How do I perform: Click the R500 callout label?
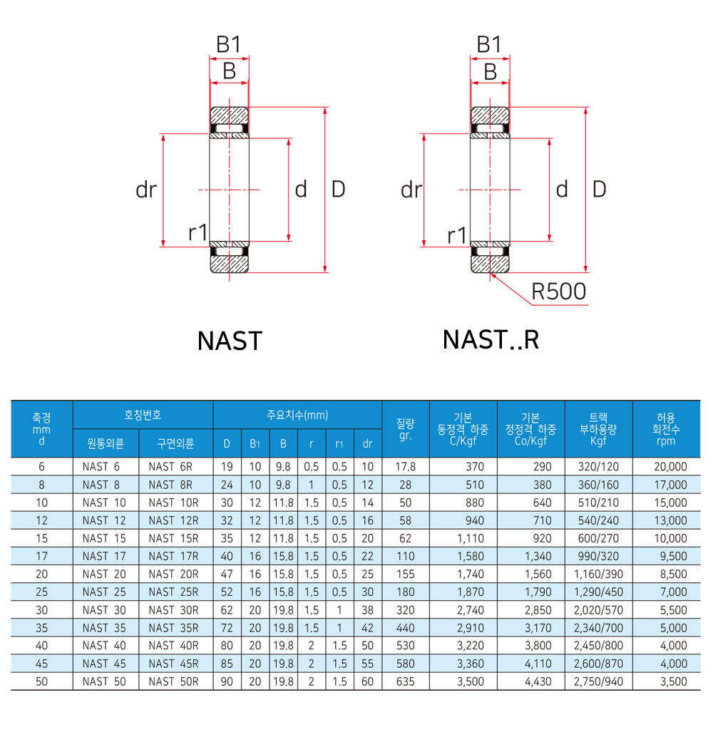(x=559, y=292)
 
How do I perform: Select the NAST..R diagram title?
(x=491, y=340)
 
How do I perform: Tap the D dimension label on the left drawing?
(x=338, y=189)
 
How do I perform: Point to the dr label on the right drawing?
(x=411, y=190)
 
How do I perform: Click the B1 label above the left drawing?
(x=228, y=46)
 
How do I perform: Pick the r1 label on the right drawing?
(x=456, y=235)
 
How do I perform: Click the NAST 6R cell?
(x=173, y=467)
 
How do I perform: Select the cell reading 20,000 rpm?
(x=670, y=467)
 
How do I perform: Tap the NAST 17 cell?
(x=104, y=556)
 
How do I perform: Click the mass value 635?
(x=405, y=681)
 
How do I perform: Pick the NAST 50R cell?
(x=173, y=681)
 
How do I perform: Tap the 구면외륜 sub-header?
(x=175, y=443)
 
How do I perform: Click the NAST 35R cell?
(x=173, y=628)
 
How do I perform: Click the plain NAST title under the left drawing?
(x=230, y=341)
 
